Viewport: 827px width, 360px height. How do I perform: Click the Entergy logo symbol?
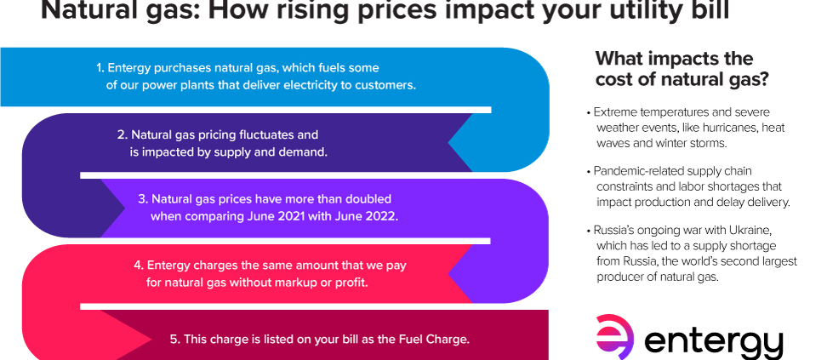(615, 337)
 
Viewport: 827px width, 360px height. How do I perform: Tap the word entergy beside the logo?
(714, 344)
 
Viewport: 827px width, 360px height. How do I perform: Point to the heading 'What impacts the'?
(674, 58)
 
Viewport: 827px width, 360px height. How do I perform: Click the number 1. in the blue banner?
(100, 68)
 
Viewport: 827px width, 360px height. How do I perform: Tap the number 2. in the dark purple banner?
(123, 134)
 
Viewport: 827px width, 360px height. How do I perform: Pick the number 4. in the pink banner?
(140, 265)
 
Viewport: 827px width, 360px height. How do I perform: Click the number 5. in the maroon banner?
(175, 339)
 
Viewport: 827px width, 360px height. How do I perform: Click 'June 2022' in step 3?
(372, 217)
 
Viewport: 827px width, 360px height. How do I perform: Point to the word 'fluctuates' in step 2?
(269, 134)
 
